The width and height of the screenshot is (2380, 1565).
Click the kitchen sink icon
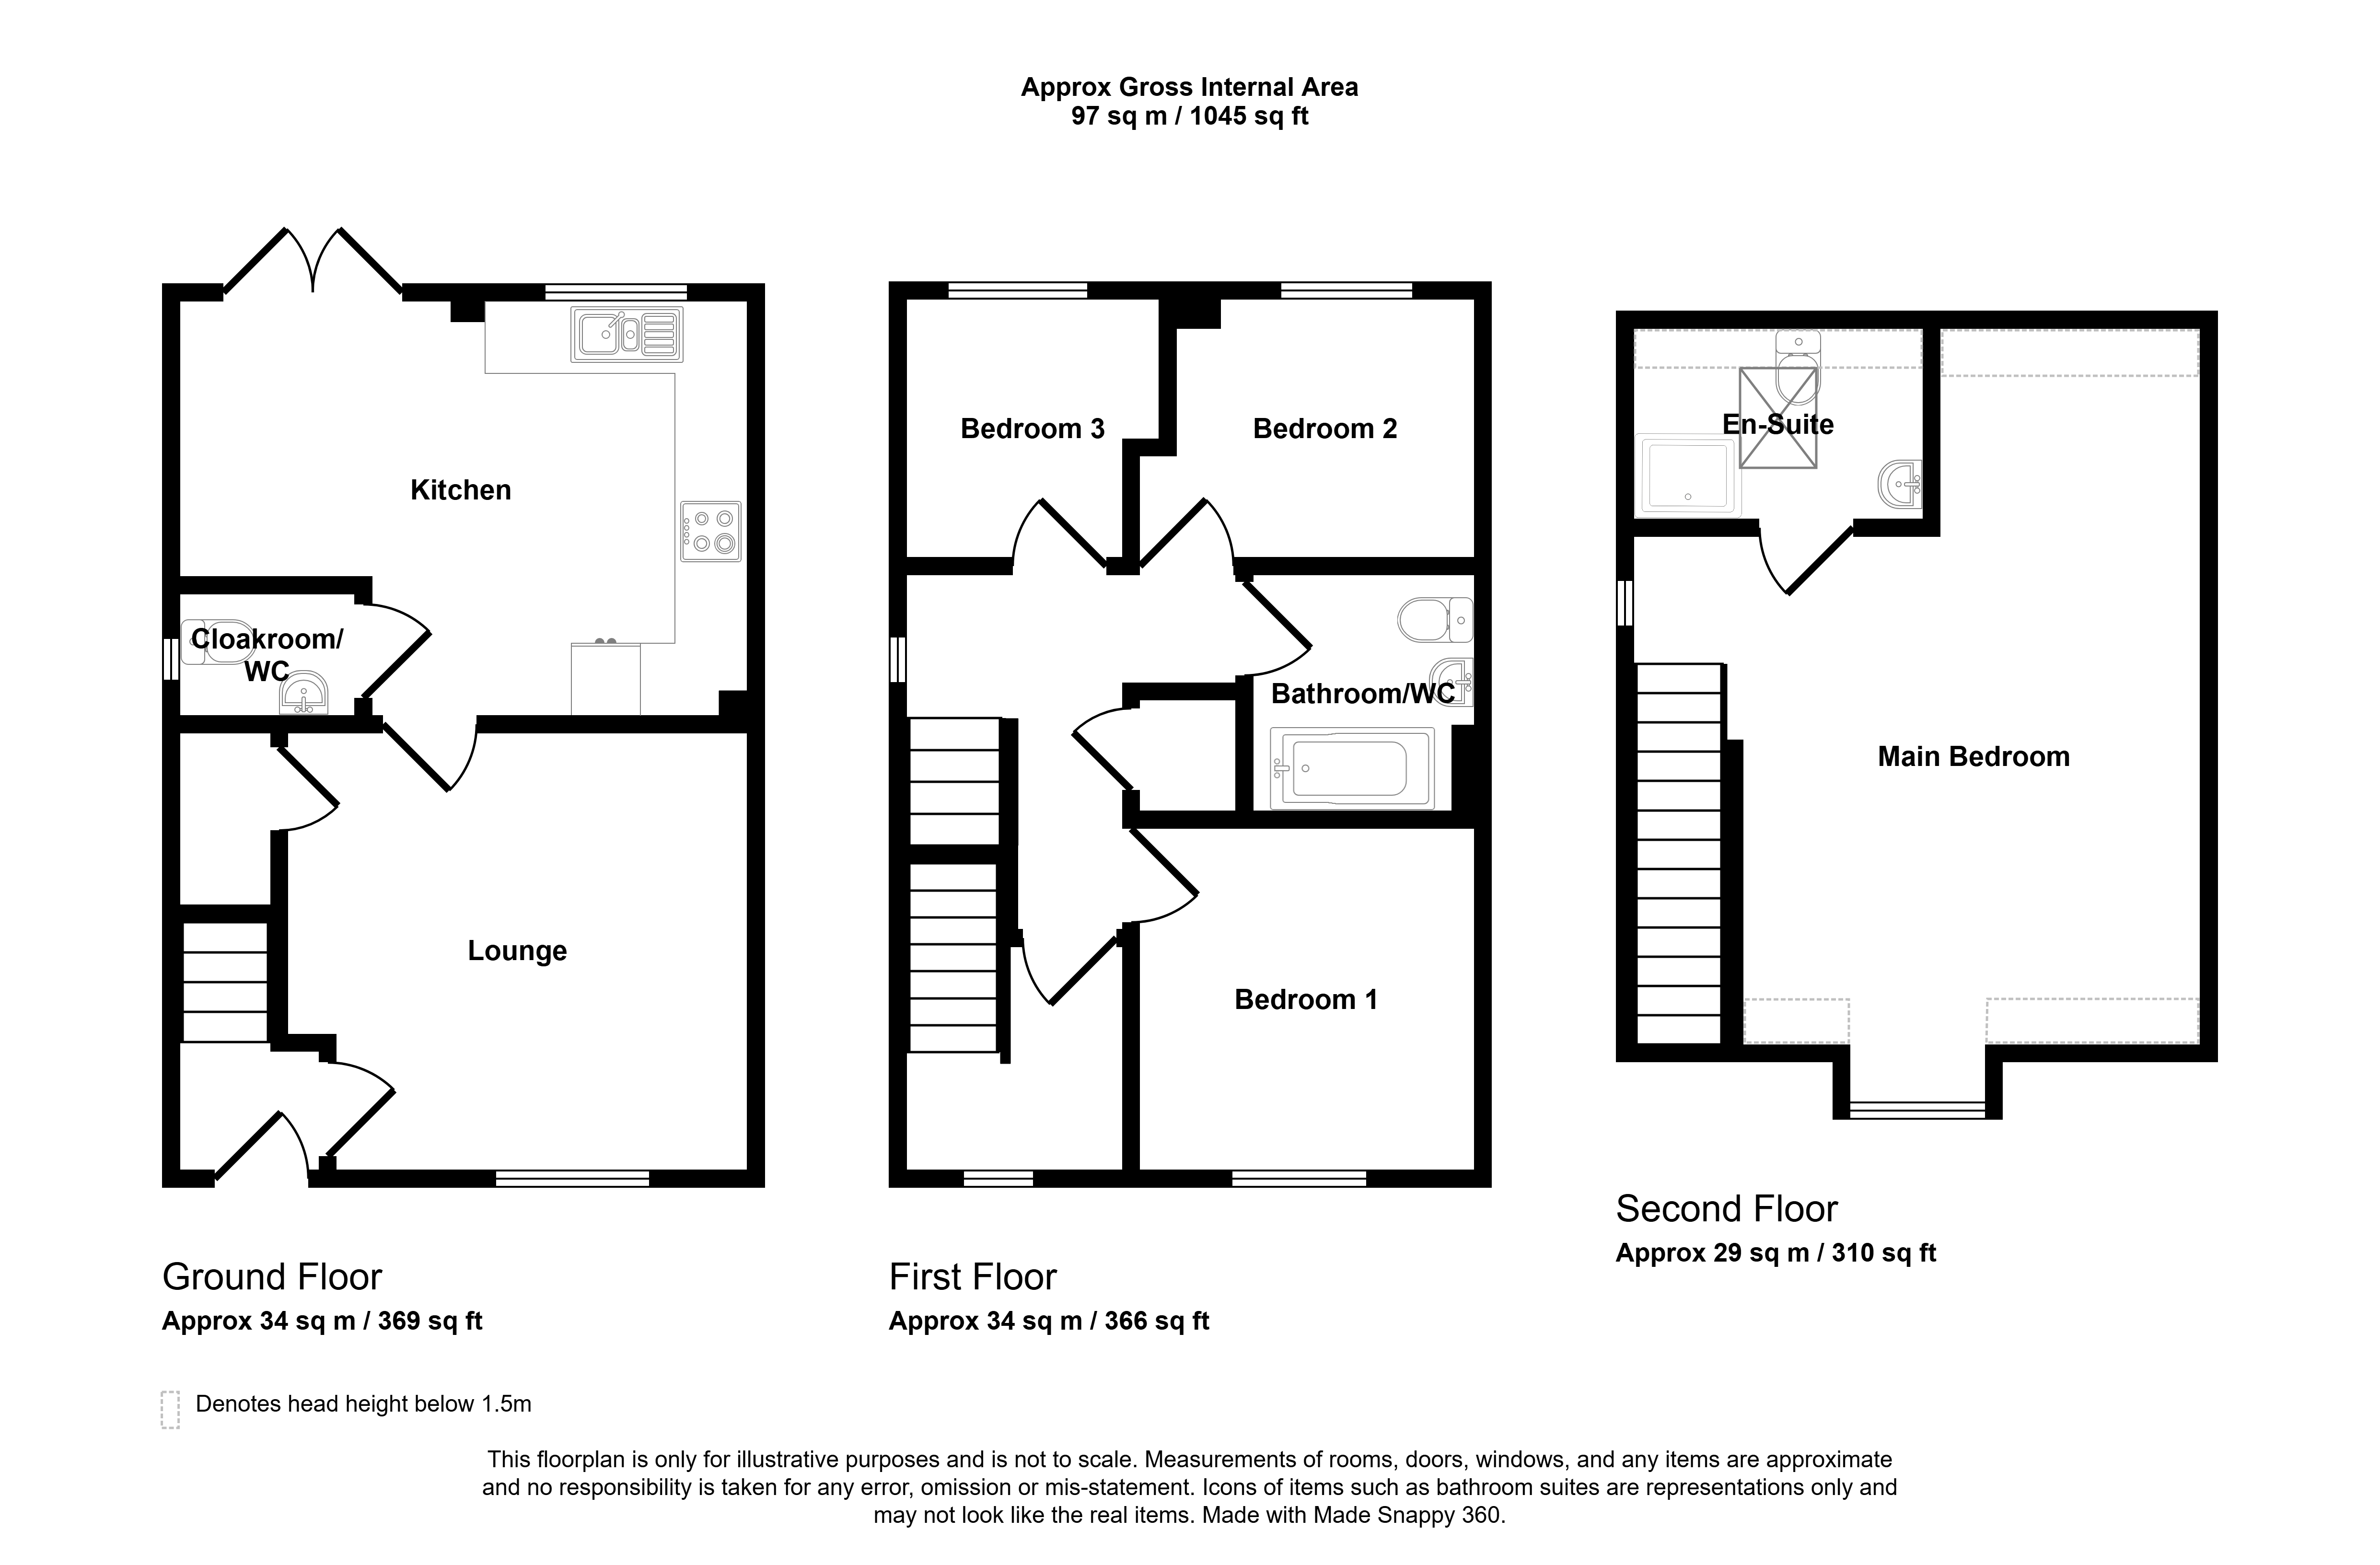coord(627,334)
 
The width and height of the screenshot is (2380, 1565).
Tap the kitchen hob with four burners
coord(711,531)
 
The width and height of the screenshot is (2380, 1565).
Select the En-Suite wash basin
coord(1900,486)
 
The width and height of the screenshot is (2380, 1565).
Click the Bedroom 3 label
coord(1032,429)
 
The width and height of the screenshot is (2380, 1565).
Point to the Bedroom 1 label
coord(1306,1000)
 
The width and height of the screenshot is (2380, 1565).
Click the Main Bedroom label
coord(1973,757)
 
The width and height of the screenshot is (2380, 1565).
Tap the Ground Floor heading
coord(272,1277)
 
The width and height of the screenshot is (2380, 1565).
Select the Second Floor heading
coord(1726,1209)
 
